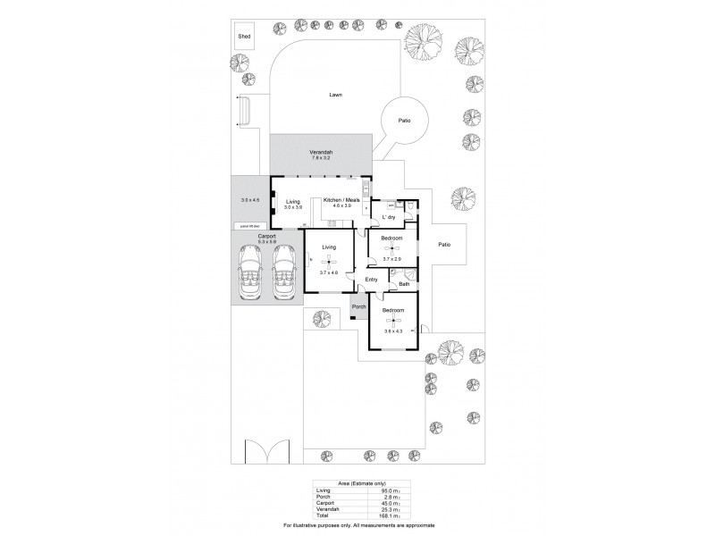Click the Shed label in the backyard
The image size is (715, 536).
(x=244, y=37)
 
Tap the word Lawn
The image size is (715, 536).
(x=335, y=95)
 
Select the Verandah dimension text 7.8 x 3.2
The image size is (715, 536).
(x=322, y=158)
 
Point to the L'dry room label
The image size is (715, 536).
(x=390, y=217)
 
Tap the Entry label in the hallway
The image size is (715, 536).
(x=372, y=280)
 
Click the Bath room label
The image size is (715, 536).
(x=405, y=285)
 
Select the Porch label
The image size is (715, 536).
(x=359, y=307)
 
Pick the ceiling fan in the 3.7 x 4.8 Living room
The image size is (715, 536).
(x=330, y=261)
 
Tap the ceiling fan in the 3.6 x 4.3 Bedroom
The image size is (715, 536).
(x=394, y=321)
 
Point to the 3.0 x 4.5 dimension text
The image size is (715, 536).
(x=250, y=200)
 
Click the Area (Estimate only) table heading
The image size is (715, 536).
(x=357, y=482)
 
